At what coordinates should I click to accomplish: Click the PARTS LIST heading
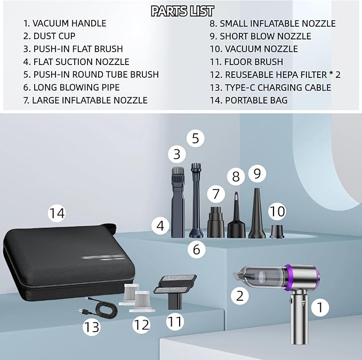pyautogui.click(x=182, y=11)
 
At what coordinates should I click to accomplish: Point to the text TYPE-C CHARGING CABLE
pyautogui.click(x=278, y=87)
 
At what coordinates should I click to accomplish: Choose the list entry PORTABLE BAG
pyautogui.click(x=256, y=100)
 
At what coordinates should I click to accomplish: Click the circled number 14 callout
pyautogui.click(x=57, y=213)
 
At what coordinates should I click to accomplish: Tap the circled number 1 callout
pyautogui.click(x=319, y=307)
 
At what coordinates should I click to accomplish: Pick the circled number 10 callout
pyautogui.click(x=277, y=211)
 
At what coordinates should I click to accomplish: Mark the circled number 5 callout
pyautogui.click(x=195, y=139)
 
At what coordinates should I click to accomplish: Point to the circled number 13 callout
pyautogui.click(x=92, y=326)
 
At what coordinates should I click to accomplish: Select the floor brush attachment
pyautogui.click(x=173, y=291)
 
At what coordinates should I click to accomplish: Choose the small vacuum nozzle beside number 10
pyautogui.click(x=276, y=231)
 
